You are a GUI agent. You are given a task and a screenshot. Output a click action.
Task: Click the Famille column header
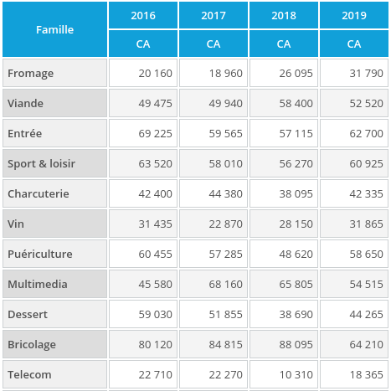point(54,29)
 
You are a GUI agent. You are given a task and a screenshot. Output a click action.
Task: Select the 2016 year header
point(143,15)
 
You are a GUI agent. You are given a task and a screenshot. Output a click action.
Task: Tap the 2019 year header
point(354,15)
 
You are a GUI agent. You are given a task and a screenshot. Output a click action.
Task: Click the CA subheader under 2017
point(214,44)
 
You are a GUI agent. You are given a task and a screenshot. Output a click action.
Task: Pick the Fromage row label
point(31,73)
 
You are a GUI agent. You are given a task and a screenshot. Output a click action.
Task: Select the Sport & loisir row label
point(42,163)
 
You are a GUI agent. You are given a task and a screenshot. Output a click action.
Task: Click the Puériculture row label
point(40,254)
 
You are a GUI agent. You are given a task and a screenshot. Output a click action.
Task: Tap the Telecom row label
point(30,374)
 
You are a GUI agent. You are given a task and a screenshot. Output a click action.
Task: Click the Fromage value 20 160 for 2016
point(155,73)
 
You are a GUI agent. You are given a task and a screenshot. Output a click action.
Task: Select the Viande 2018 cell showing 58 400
point(296,103)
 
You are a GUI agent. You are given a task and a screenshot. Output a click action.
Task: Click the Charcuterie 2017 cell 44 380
point(225,193)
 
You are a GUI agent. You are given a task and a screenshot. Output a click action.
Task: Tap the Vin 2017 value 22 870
point(225,224)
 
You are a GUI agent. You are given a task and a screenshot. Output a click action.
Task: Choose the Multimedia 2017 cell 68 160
point(225,284)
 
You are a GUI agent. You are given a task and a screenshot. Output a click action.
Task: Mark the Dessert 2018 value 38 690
point(296,314)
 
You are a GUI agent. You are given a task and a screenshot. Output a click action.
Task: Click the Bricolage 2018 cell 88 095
point(296,344)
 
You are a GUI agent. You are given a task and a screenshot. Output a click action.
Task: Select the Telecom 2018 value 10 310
point(296,374)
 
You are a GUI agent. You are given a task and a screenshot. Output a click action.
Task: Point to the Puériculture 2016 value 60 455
point(155,254)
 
